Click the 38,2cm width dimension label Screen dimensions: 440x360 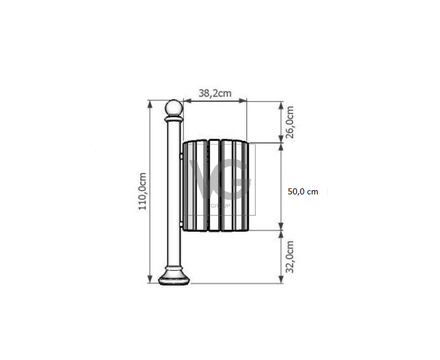point(215,93)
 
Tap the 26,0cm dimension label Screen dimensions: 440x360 point(290,122)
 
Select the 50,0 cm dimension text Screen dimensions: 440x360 point(303,192)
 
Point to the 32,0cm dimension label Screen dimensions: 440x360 point(290,257)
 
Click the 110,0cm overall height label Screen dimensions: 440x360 point(143,191)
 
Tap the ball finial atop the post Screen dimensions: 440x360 point(174,107)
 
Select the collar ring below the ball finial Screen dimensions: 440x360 point(174,119)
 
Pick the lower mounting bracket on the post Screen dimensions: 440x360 point(181,224)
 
